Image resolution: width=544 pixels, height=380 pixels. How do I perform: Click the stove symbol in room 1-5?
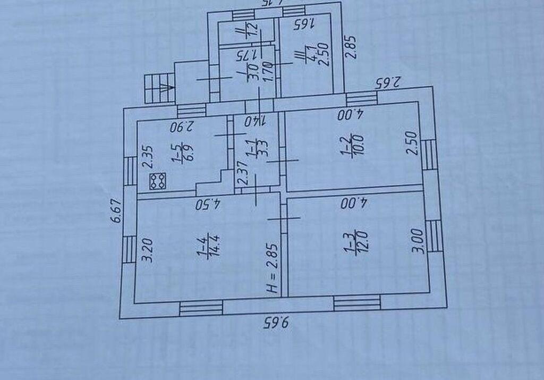157,182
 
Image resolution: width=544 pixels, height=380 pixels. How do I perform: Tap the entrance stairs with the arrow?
158,89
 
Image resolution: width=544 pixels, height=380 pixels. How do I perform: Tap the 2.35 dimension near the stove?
148,157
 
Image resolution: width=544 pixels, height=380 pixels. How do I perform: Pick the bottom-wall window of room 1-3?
357,303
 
